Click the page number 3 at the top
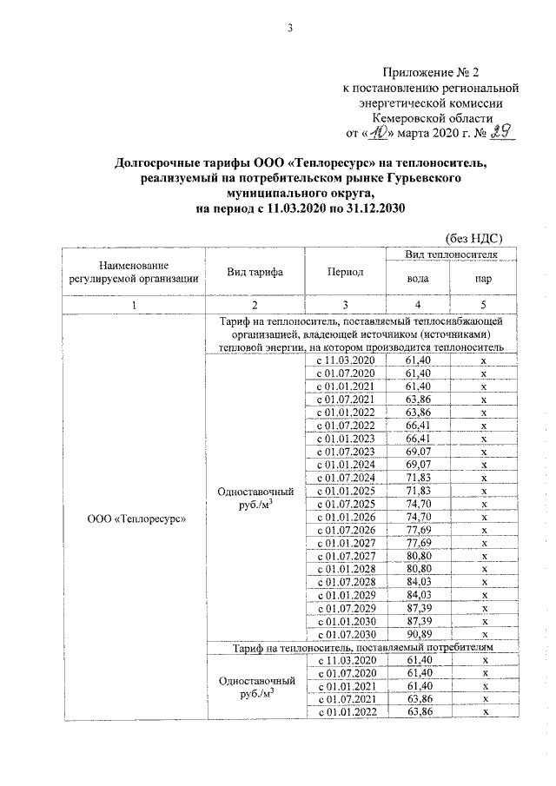click(x=291, y=29)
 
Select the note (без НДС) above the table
click(x=474, y=237)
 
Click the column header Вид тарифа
click(x=255, y=272)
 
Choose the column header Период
click(x=345, y=272)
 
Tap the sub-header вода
click(x=419, y=280)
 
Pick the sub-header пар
click(x=482, y=280)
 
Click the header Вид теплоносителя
click(x=450, y=254)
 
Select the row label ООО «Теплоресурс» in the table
click(x=132, y=518)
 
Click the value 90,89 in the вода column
click(x=419, y=635)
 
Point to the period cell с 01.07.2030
click(x=345, y=635)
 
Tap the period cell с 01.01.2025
click(x=345, y=492)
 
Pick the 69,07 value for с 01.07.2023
click(x=419, y=452)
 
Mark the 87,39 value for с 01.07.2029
click(x=419, y=609)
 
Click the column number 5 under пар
click(x=482, y=305)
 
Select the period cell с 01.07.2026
click(x=345, y=531)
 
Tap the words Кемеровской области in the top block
click(x=431, y=118)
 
